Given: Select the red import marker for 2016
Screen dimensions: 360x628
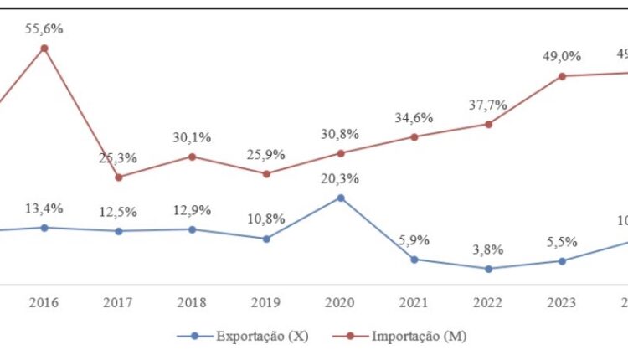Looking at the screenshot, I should (44, 49).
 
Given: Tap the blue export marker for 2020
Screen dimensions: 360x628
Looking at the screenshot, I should (340, 198).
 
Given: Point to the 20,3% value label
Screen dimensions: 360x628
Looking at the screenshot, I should (340, 178).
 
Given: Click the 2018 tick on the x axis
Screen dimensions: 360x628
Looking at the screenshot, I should (192, 302).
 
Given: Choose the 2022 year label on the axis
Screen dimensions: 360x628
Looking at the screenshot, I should (488, 302).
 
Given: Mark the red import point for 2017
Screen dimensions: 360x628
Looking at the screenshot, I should (118, 177).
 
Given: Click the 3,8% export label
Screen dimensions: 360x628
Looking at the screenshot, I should (488, 249).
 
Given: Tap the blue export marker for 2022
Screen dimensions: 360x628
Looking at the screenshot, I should (488, 269).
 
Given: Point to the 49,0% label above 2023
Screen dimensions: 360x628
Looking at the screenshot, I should (563, 56).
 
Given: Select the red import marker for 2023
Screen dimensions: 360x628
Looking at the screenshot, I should (563, 76).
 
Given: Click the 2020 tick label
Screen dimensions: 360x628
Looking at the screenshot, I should (340, 302).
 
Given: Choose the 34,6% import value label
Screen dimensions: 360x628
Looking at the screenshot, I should (414, 118).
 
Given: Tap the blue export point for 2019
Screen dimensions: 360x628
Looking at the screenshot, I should (266, 239).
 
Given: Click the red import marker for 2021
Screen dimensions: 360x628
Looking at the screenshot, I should (414, 137).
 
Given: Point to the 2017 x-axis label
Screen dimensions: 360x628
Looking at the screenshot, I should (118, 302).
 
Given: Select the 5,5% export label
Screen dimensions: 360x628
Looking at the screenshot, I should (563, 241).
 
